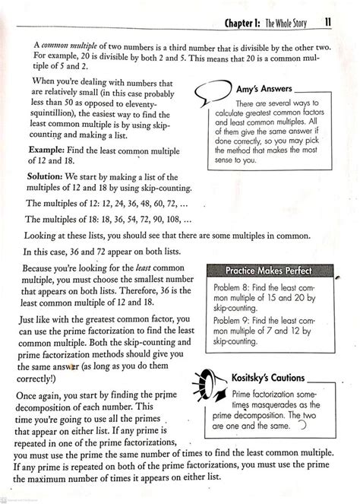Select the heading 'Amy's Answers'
click(260, 89)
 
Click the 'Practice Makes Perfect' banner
click(270, 271)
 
